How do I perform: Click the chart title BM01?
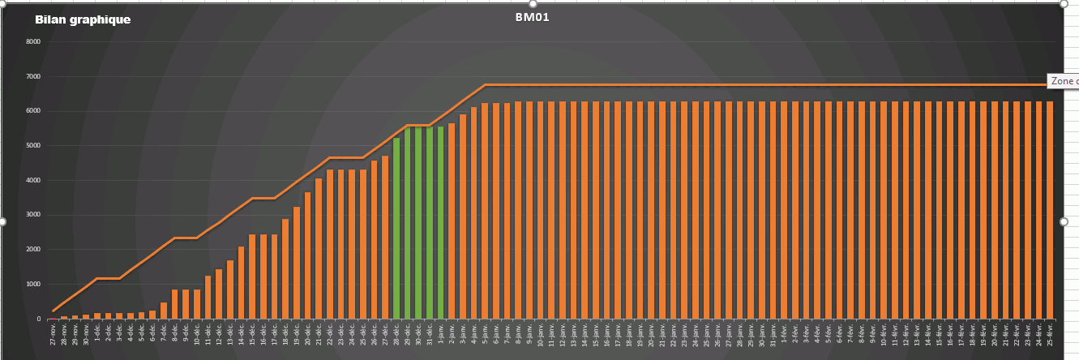coord(533,17)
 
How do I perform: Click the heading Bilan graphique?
coord(83,19)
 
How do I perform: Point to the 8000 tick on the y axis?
coord(33,41)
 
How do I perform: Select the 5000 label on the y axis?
coord(33,145)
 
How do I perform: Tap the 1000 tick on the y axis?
coord(33,284)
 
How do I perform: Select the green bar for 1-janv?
coord(440,223)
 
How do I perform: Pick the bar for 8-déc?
coord(175,304)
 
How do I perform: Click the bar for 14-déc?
coord(241,283)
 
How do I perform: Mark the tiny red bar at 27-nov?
coord(54,318)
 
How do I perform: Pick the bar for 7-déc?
coord(164,311)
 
